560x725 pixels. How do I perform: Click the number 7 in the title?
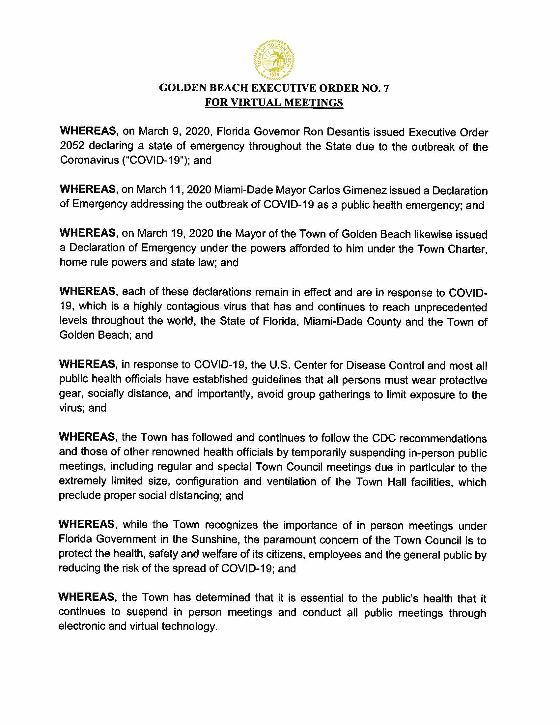point(385,88)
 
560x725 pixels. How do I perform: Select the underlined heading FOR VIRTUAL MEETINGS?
point(274,102)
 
